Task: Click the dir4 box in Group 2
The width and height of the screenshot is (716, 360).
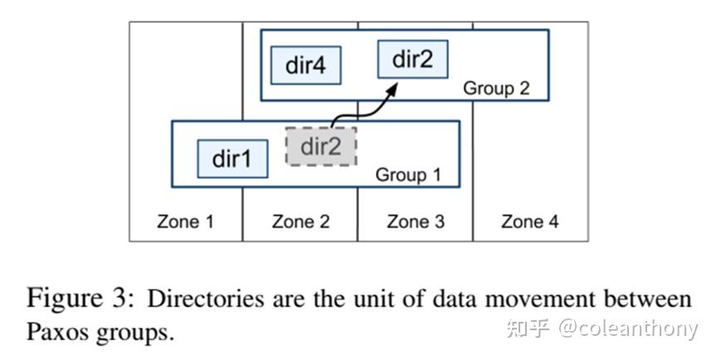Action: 305,66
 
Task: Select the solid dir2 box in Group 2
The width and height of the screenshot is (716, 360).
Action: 412,60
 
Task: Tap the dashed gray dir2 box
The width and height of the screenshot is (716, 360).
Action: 321,147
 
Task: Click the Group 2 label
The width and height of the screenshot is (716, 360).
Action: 495,87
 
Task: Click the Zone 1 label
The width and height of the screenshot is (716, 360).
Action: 185,221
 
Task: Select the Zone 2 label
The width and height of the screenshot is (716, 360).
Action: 300,221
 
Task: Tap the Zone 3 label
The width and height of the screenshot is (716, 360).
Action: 415,221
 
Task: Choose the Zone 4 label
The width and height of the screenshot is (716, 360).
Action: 530,221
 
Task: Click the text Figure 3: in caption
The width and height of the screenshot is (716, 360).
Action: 82,298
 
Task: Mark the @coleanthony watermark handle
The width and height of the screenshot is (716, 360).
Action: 628,329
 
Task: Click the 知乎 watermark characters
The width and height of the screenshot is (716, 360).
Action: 527,329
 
